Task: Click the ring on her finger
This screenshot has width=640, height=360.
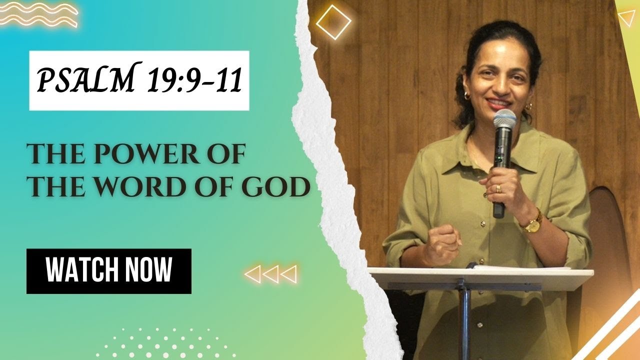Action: pos(498,188)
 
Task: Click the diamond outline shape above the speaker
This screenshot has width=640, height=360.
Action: pos(333,22)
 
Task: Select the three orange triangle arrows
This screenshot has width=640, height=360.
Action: pos(270,274)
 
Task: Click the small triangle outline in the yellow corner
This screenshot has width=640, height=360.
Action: pos(626,18)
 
